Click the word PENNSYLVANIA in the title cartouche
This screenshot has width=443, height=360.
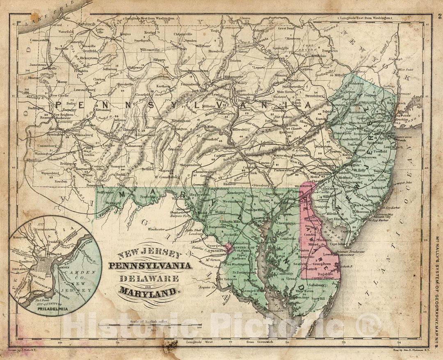pyautogui.click(x=150, y=265)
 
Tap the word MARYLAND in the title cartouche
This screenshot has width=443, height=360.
pyautogui.click(x=150, y=292)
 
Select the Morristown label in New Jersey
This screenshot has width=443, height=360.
pyautogui.click(x=356, y=112)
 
